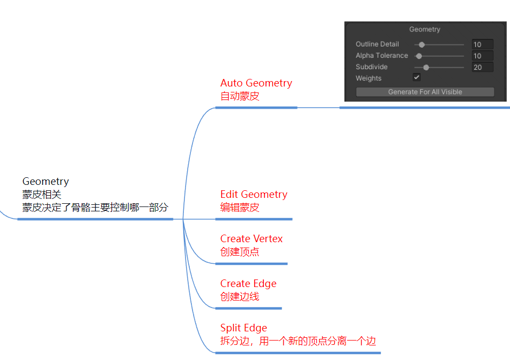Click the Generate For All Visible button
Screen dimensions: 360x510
click(x=425, y=92)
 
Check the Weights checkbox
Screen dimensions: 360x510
click(x=417, y=78)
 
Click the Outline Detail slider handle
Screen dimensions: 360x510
click(x=422, y=44)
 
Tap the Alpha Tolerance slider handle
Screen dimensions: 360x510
click(x=419, y=56)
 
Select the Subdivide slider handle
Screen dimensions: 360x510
click(x=426, y=67)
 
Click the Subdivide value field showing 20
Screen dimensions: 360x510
click(x=482, y=67)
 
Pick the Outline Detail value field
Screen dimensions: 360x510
click(x=482, y=44)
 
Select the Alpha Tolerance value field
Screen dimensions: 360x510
click(x=482, y=56)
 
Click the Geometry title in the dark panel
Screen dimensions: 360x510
click(x=425, y=29)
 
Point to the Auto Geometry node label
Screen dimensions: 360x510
click(x=256, y=83)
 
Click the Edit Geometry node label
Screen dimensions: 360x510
click(x=254, y=195)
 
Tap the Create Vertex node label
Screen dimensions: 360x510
click(x=251, y=239)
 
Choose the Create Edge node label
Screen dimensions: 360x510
click(x=248, y=284)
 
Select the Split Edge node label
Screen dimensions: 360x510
click(x=243, y=328)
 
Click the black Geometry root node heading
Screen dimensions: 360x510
click(x=45, y=182)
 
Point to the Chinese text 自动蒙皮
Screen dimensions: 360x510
click(x=240, y=96)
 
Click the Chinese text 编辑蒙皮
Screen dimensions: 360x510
click(x=240, y=208)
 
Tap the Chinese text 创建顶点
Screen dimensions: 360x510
click(x=240, y=252)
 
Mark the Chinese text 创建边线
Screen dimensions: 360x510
click(x=240, y=297)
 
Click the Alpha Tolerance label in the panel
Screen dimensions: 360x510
click(x=382, y=56)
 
